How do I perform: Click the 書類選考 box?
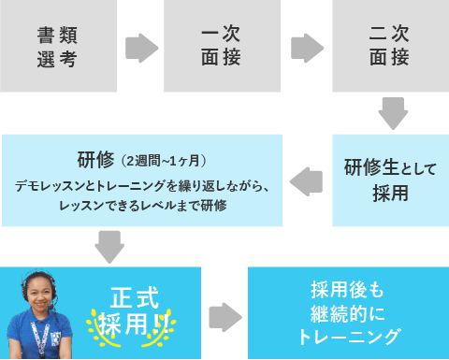tap(58, 47)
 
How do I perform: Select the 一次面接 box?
tap(223, 47)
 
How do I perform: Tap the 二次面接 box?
tap(390, 47)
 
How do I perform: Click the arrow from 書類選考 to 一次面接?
tap(141, 48)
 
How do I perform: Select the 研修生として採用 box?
tap(390, 180)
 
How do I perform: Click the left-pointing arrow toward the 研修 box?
tap(307, 181)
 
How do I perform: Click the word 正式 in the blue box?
tap(128, 298)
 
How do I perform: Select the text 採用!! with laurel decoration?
tap(129, 324)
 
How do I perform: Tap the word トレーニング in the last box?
tap(347, 336)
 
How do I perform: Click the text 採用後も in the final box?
tap(347, 290)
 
